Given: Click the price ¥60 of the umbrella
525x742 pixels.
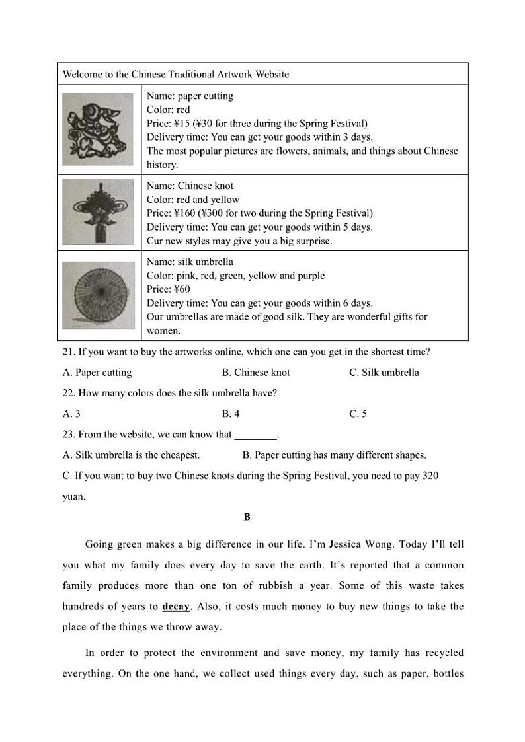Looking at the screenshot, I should pos(182,289).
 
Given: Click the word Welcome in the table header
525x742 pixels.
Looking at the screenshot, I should pos(81,74).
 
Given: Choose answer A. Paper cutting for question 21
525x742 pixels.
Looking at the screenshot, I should pos(97,373).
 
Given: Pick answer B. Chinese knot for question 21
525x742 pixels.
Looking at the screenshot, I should pos(256,373).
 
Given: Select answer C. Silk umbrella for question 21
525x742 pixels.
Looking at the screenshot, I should pos(384,373).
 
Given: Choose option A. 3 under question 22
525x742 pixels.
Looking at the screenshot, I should pos(71,414).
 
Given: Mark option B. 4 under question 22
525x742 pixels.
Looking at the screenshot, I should pos(231,414).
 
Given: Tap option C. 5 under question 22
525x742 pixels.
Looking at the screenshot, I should pos(358,414).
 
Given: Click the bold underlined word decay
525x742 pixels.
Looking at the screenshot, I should pos(176,607).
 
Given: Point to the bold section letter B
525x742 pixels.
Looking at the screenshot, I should pos(247,517).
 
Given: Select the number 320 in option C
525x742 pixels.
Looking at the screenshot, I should pos(430,476).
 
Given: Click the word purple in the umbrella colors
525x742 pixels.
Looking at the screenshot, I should pos(309,276).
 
